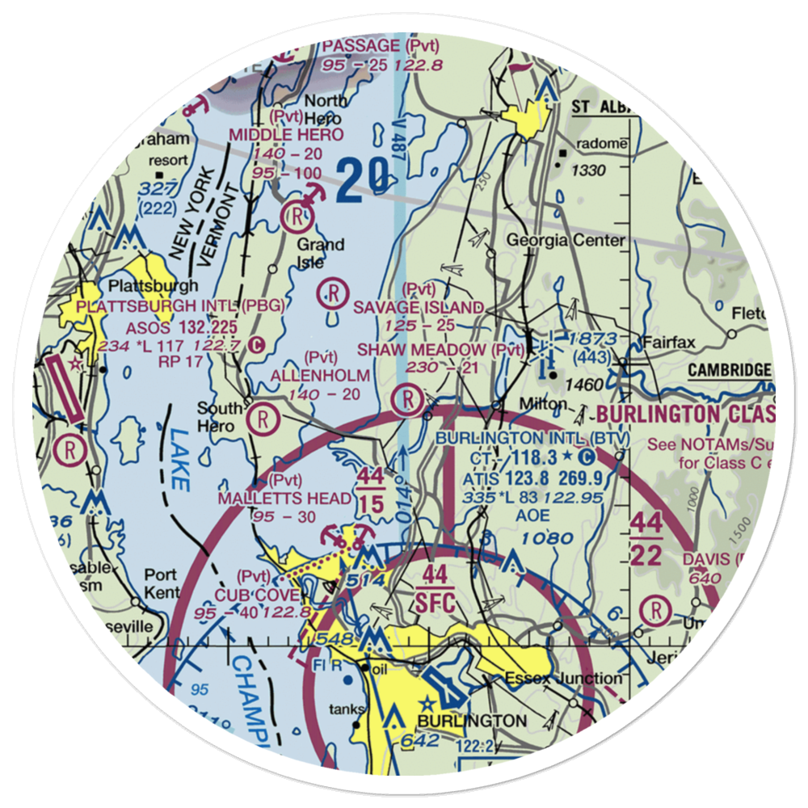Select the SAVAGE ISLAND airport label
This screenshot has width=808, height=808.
pyautogui.click(x=419, y=308)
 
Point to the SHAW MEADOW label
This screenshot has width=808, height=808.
pyautogui.click(x=440, y=350)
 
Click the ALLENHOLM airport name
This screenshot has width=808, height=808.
pyautogui.click(x=321, y=376)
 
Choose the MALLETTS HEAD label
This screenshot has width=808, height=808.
pyautogui.click(x=284, y=499)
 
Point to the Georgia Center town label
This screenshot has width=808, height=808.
pyautogui.click(x=566, y=240)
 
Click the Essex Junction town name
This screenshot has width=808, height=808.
pyautogui.click(x=563, y=678)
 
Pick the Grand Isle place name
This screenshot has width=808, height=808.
pyautogui.click(x=321, y=253)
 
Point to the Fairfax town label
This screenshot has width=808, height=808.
pyautogui.click(x=669, y=343)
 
